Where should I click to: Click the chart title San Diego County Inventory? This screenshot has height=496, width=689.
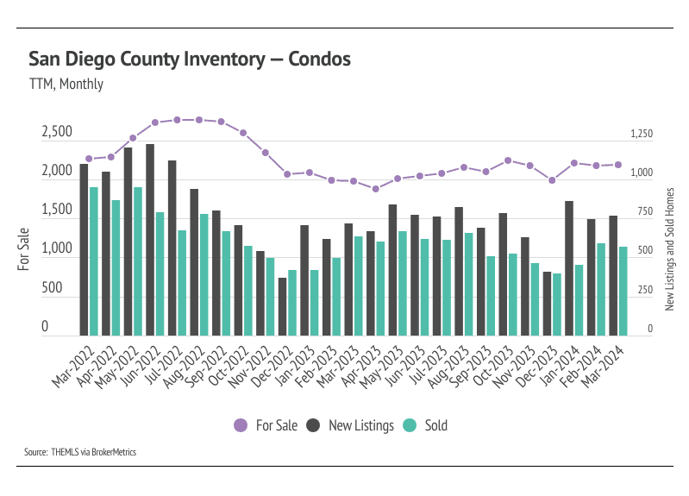tap(190, 60)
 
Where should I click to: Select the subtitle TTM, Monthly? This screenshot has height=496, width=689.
tap(66, 85)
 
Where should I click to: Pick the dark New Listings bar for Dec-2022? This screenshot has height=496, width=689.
tap(282, 306)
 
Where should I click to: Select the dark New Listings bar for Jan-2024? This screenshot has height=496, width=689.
tap(569, 267)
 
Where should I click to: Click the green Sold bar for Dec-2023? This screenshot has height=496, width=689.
tap(556, 304)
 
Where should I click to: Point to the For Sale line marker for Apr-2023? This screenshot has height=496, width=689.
tap(375, 188)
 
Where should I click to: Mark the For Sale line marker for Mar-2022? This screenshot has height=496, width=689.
tap(89, 159)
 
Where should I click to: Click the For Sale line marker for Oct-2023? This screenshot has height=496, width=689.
tap(508, 160)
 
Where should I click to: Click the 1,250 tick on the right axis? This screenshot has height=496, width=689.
tap(642, 135)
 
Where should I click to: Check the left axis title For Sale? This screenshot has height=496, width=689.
tap(23, 247)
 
